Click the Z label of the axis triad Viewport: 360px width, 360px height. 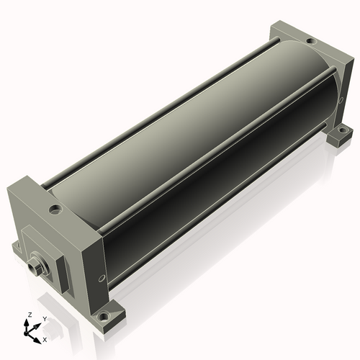(x=30, y=315)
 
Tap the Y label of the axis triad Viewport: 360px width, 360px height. (x=45, y=319)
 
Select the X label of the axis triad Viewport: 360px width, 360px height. (x=45, y=340)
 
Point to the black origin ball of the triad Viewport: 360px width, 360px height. (x=26, y=333)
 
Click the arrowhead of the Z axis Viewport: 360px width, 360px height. (x=26, y=323)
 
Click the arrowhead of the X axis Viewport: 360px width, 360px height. (x=37, y=341)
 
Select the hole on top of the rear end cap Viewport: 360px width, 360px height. (x=311, y=41)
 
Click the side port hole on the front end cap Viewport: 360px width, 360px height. (x=102, y=278)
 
